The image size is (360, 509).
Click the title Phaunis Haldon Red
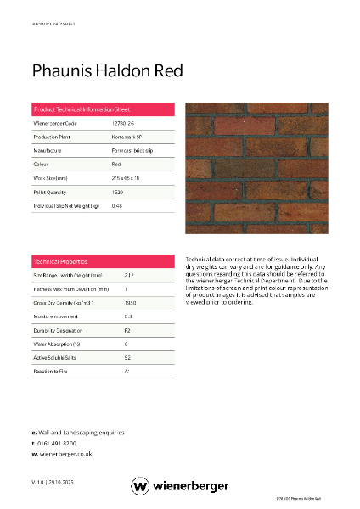[106, 70]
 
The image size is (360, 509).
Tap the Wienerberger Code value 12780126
[123, 124]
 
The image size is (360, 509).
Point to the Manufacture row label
[48, 150]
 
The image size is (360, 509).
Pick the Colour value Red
[116, 164]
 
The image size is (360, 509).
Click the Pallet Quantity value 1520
[118, 192]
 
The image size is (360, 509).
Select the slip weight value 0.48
[117, 205]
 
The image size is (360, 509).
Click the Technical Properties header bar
[103, 261]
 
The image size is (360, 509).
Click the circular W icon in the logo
[140, 486]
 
